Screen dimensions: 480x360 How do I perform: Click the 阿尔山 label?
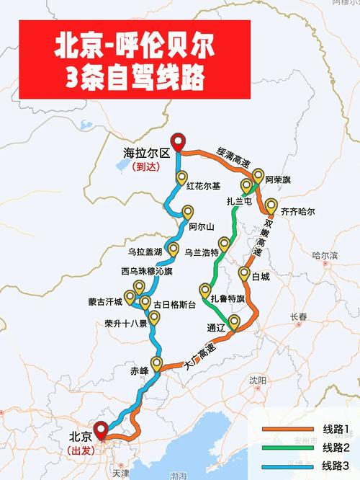point(202,227)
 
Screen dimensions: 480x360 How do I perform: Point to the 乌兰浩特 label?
point(202,252)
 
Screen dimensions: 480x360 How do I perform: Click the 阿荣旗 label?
point(277,179)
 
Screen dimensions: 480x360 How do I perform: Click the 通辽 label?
point(216,327)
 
